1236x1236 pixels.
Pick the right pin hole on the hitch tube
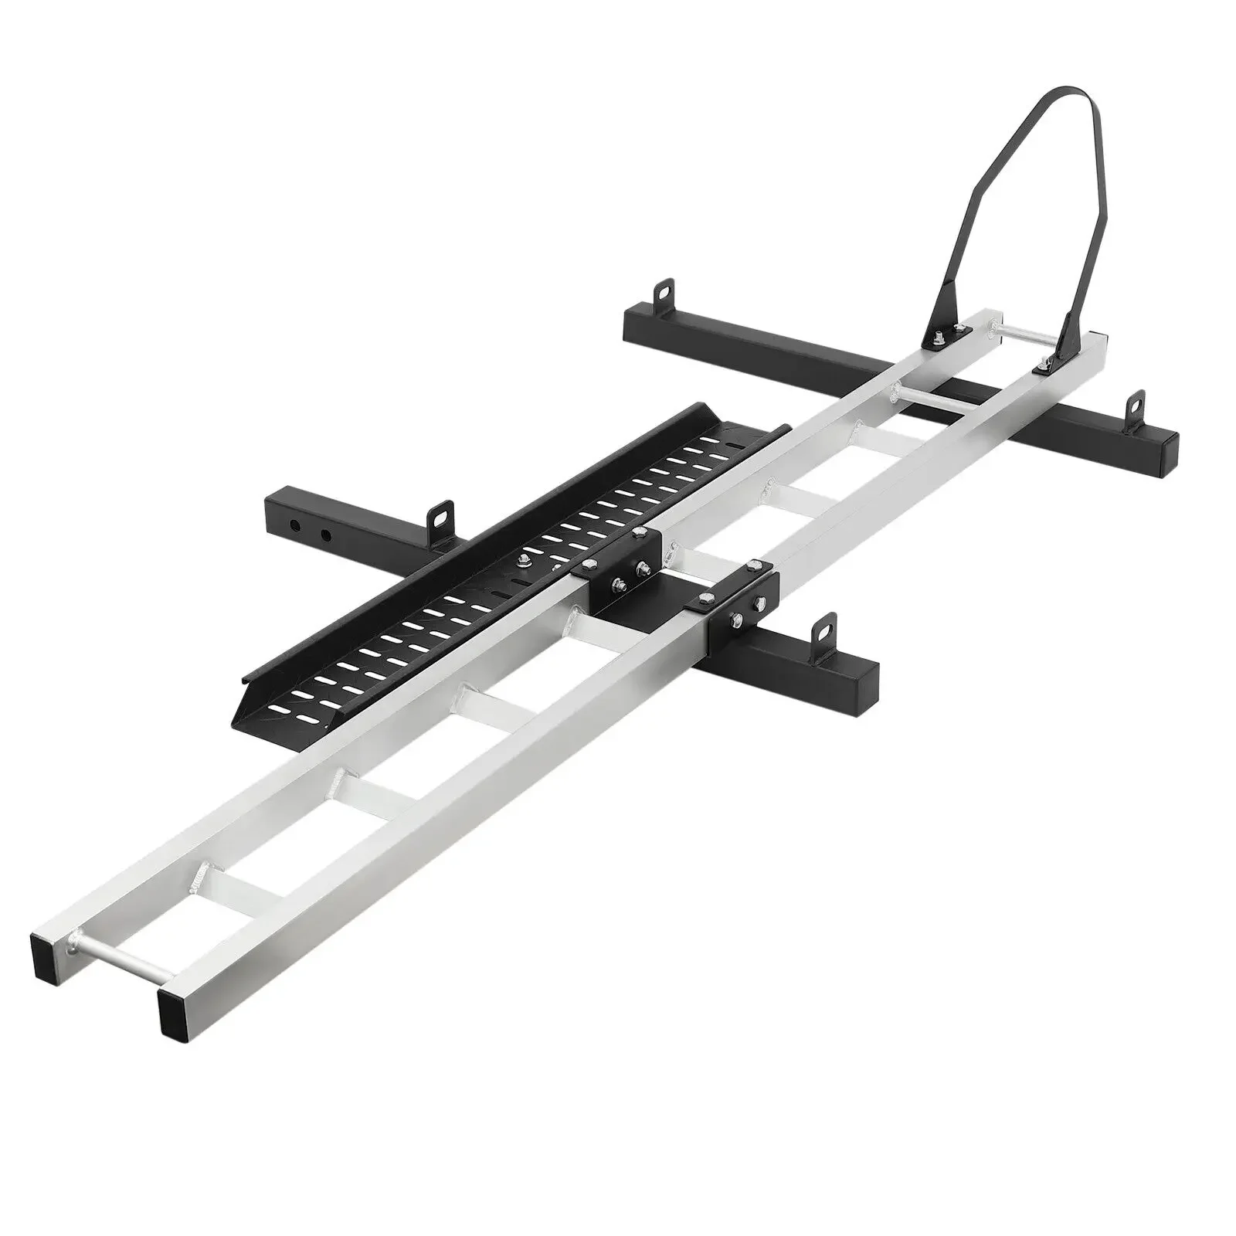pos(326,535)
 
